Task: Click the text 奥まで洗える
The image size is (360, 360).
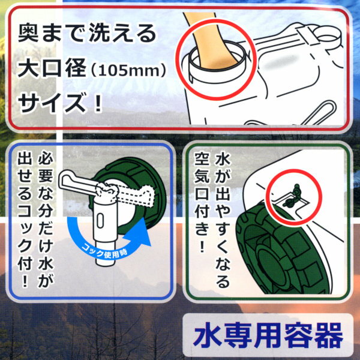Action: pyautogui.click(x=87, y=34)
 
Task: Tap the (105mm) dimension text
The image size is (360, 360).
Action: pyautogui.click(x=128, y=70)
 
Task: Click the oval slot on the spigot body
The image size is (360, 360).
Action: pyautogui.click(x=100, y=221)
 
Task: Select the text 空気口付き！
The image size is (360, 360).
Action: pyautogui.click(x=202, y=202)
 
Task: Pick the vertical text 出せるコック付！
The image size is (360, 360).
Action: pyautogui.click(x=25, y=220)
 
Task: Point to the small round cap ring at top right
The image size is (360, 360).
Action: pyautogui.click(x=328, y=34)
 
